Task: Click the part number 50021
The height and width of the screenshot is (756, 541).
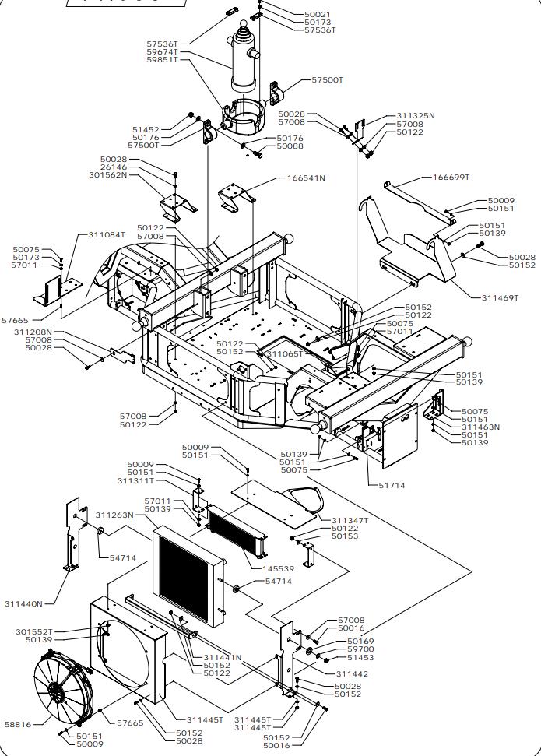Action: point(317,15)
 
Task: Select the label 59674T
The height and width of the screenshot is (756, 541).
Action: point(163,52)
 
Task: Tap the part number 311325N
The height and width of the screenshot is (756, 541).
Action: point(416,115)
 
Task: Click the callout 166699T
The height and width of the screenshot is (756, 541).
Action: point(451,177)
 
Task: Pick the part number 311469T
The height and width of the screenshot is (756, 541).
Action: point(500,297)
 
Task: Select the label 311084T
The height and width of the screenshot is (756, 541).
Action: point(106,234)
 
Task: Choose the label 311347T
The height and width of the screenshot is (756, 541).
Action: point(350,519)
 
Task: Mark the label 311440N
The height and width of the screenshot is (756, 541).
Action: point(24,603)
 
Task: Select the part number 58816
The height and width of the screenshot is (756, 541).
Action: point(18,724)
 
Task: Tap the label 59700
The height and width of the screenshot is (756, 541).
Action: point(360,648)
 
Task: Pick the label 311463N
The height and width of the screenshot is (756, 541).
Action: point(480,427)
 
